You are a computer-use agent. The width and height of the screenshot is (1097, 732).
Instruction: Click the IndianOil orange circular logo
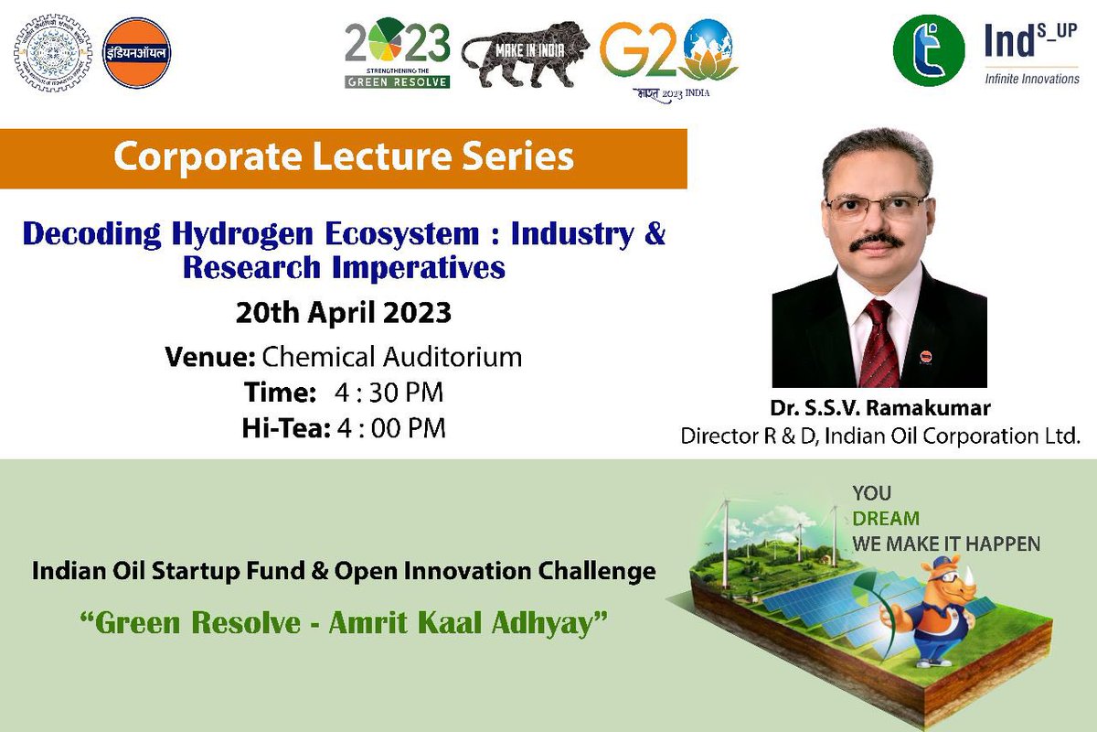[x=137, y=52]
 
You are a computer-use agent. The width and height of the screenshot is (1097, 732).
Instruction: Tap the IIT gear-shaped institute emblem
[x=51, y=52]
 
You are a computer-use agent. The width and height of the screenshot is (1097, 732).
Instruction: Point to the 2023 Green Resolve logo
[x=397, y=54]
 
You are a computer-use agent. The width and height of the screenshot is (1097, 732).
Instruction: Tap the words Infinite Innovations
[x=1031, y=79]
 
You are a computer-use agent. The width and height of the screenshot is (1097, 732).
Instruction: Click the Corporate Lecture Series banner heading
[x=343, y=157]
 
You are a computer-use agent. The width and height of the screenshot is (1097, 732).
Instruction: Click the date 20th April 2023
[x=343, y=313]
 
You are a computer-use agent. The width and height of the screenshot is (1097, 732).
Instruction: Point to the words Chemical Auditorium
[x=392, y=356]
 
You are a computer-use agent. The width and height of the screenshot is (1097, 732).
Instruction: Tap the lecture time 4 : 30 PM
[x=389, y=393]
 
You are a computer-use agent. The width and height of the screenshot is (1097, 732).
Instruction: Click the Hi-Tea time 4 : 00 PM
[x=390, y=427]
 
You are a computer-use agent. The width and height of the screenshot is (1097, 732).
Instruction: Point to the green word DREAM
[x=886, y=518]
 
